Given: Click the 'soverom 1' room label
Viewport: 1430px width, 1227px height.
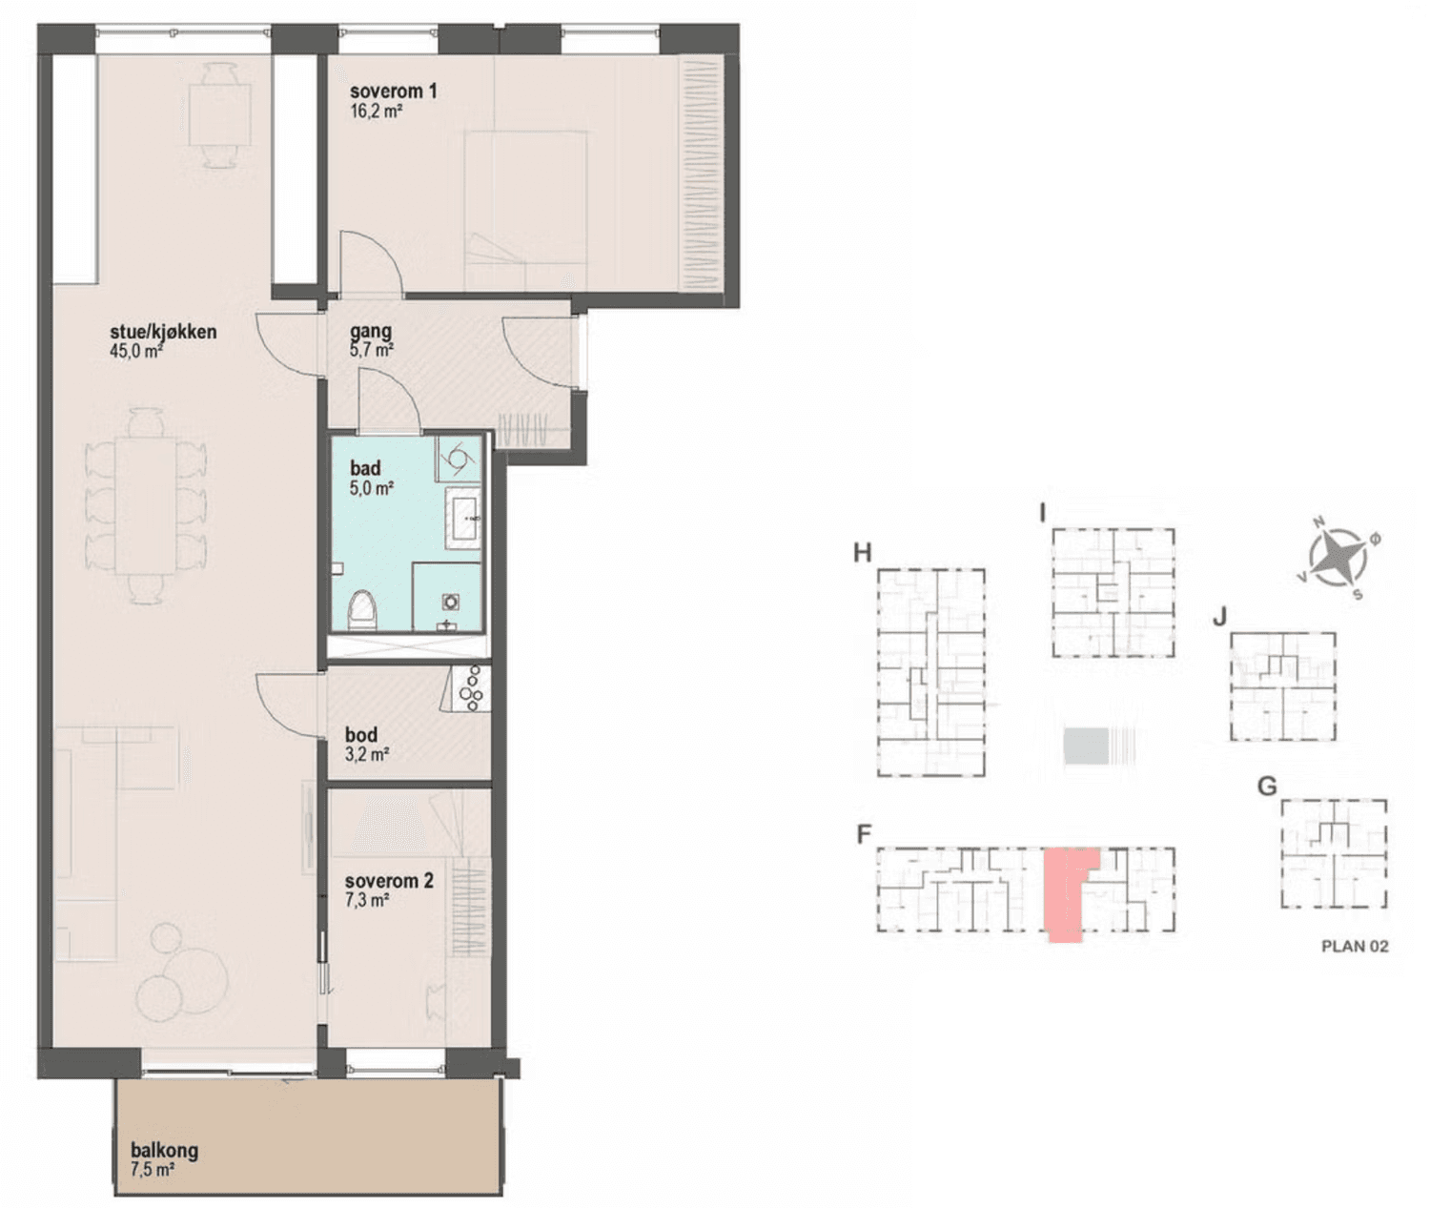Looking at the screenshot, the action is coord(393,92).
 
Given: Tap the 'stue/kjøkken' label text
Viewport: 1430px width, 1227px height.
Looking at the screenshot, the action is coord(163,332).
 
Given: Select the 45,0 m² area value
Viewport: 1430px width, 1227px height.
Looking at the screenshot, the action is coord(136,351).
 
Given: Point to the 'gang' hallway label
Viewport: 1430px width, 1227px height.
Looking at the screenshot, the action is coord(371,332).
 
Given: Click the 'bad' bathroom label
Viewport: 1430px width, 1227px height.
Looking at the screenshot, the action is coord(365,468).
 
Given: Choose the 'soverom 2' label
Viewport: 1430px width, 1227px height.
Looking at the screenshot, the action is coord(389,882).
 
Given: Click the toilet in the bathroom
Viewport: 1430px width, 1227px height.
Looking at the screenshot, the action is coord(362,610).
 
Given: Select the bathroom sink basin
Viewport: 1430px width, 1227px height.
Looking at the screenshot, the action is coord(463,519).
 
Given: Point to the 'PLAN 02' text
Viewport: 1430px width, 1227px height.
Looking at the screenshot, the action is coord(1355,946).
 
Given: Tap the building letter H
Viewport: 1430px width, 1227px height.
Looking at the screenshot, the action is coord(862,553).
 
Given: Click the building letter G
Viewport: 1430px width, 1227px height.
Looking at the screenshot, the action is coord(1267,787).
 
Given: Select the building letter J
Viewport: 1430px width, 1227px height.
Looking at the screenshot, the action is coord(1220,617).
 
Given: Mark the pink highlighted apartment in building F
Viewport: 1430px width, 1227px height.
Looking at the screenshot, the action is coord(1066,892).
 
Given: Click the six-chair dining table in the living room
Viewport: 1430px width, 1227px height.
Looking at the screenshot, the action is coord(146,506).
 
